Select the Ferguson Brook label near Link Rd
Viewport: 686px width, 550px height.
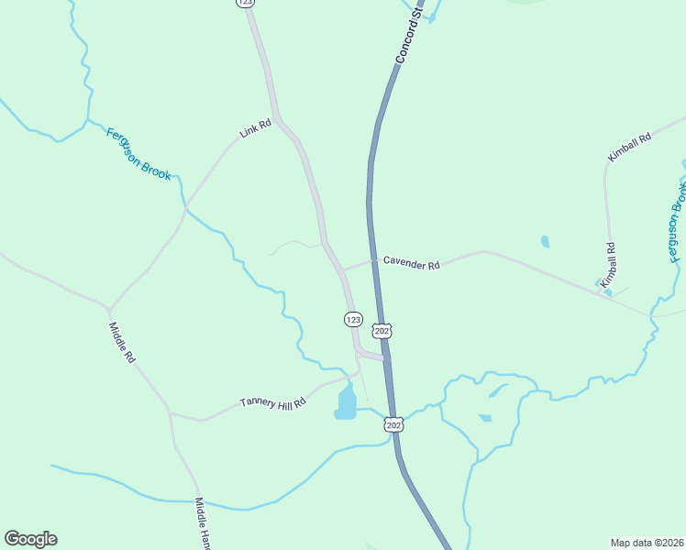point(138,154)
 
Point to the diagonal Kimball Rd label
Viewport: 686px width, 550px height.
point(629,148)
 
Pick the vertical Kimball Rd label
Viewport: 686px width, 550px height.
point(607,267)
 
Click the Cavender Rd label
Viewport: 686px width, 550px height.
point(412,264)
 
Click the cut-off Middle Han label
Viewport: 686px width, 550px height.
point(203,524)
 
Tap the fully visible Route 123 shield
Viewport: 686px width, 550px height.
point(353,318)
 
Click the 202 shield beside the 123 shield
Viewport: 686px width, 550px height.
point(382,329)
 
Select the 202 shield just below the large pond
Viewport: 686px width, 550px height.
point(393,425)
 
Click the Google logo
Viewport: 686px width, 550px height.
point(30,539)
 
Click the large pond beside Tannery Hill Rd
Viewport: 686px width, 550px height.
point(346,402)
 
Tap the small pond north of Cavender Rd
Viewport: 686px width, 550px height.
point(546,242)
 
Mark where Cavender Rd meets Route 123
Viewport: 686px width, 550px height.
point(341,271)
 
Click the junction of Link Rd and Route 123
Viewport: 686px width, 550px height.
point(278,119)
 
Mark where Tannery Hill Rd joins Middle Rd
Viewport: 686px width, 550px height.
point(170,413)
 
